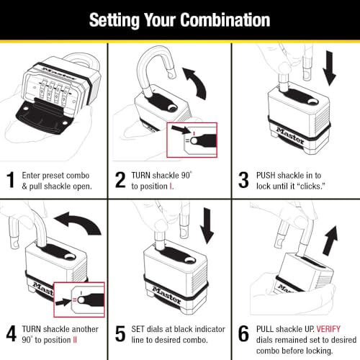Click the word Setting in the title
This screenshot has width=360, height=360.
pyautogui.click(x=116, y=19)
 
